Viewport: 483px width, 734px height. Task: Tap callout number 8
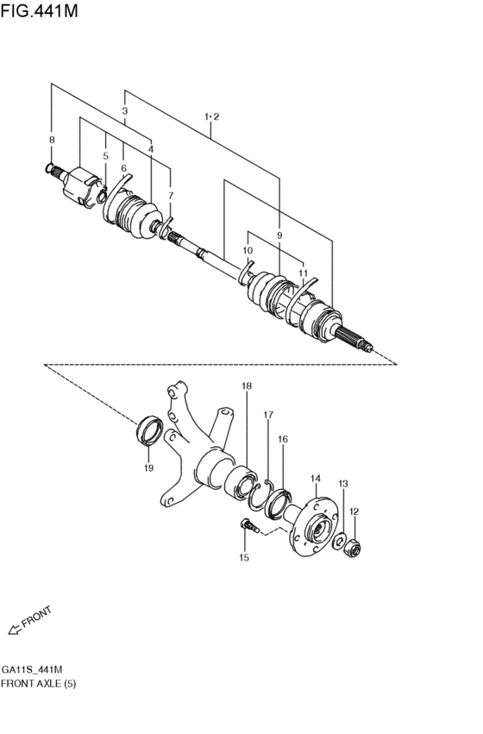[51, 139]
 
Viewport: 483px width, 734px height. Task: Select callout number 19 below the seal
[148, 467]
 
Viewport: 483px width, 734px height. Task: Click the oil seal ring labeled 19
[149, 430]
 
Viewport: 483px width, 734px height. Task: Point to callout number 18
[247, 386]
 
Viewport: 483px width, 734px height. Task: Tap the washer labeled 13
[341, 541]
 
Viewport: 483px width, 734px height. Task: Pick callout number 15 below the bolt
[243, 558]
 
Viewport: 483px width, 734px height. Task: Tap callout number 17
[267, 415]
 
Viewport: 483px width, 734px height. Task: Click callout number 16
[282, 440]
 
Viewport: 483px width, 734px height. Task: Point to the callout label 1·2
[212, 116]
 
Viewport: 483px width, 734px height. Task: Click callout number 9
[279, 235]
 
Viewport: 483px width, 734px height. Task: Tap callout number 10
[248, 251]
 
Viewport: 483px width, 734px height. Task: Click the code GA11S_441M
[32, 669]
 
